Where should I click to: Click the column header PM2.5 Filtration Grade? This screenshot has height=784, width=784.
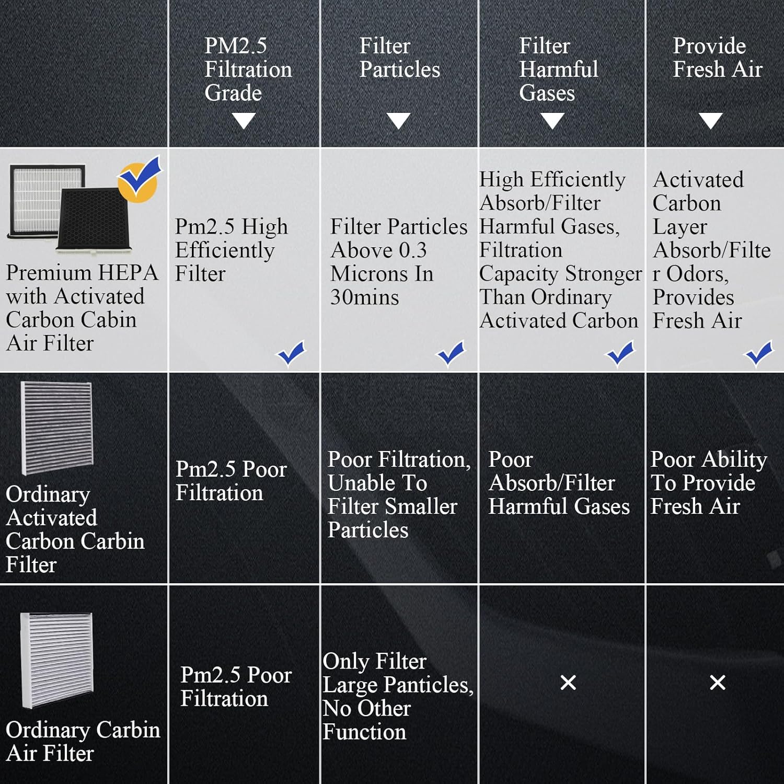(x=248, y=69)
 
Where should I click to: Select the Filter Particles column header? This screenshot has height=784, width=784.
(x=399, y=57)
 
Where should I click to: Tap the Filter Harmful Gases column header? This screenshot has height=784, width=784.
(x=558, y=69)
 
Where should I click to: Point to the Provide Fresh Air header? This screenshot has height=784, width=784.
(x=717, y=57)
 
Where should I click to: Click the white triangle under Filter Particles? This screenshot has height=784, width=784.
(x=399, y=121)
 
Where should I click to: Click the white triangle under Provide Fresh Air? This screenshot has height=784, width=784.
(x=711, y=121)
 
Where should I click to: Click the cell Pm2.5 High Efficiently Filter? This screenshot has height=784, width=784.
(x=231, y=250)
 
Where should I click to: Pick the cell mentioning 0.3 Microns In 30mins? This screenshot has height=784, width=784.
(x=398, y=261)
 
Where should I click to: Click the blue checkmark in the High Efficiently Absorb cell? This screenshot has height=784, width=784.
(x=620, y=353)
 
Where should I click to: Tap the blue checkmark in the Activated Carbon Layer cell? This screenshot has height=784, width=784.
(x=759, y=353)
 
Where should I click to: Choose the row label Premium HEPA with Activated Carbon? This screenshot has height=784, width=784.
(x=82, y=307)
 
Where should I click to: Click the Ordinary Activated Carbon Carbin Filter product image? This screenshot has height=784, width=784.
(x=56, y=428)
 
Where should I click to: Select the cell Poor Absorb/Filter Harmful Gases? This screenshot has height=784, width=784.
(x=559, y=482)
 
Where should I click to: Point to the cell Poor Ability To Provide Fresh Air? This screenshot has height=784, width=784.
(x=709, y=482)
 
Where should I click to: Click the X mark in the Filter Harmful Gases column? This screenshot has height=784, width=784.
(x=568, y=682)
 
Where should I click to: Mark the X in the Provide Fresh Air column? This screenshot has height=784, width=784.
(x=718, y=682)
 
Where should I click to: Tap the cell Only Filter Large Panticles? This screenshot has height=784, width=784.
(x=398, y=696)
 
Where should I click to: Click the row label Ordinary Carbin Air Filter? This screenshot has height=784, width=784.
(x=83, y=741)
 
